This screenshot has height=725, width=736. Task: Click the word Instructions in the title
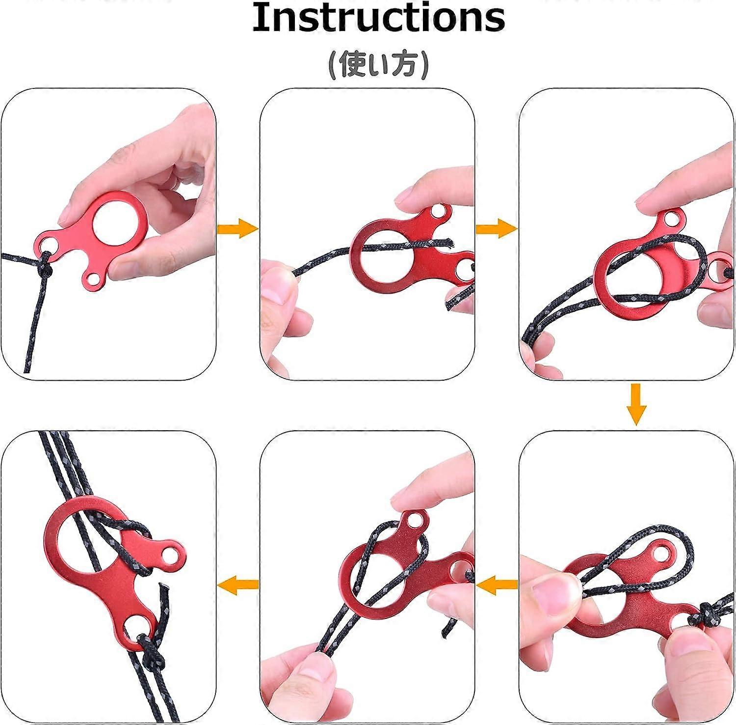point(378,18)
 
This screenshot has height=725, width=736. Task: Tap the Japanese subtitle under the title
point(378,64)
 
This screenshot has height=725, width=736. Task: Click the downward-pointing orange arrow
point(636,404)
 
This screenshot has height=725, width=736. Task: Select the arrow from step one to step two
point(237,228)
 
